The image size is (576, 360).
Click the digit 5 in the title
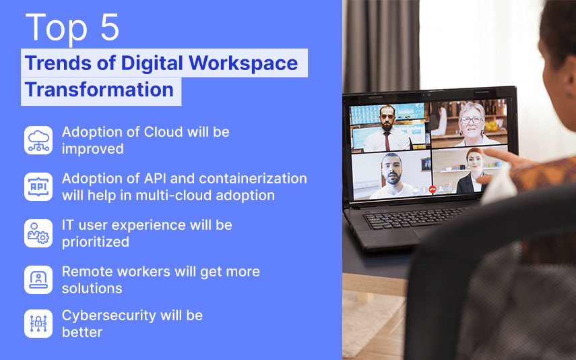point(109,27)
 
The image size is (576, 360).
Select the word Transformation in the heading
point(99,90)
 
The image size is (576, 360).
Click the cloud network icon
point(38,140)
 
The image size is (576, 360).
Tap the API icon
point(38,187)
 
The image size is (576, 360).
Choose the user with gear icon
point(38,233)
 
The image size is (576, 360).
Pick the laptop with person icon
point(38,280)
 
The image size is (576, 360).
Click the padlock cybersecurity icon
point(38,324)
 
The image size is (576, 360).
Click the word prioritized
point(96,242)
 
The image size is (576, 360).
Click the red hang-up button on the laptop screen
point(433,189)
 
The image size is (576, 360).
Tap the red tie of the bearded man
point(387,141)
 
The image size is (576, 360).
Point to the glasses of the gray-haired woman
point(471,120)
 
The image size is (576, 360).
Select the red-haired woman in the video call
point(473,171)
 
